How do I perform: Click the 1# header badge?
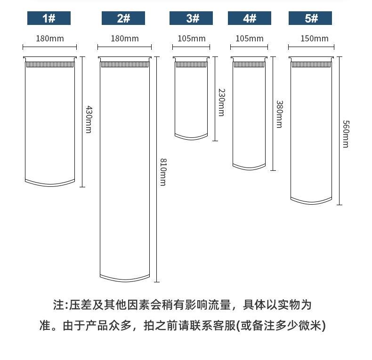[49, 18]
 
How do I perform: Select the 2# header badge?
[123, 18]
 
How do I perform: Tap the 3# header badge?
[191, 18]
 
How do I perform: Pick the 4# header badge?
[250, 18]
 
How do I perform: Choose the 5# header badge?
[310, 18]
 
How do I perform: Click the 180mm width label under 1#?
[49, 39]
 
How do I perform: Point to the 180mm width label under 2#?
[125, 39]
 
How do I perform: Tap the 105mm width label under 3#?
[192, 39]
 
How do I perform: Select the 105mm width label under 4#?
[250, 39]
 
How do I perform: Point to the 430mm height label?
[88, 119]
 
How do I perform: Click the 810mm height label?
[162, 172]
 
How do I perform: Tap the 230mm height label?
[221, 103]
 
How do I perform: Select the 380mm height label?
[279, 114]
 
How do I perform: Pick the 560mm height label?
[345, 134]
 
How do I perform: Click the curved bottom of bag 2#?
[125, 278]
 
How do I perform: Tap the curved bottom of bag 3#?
[191, 137]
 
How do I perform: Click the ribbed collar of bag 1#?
[50, 64]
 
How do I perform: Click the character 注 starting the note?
[59, 305]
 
